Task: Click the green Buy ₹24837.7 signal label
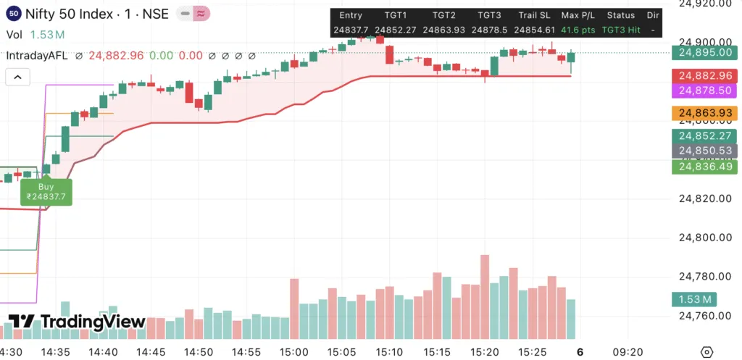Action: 46,191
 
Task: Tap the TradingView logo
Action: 77,322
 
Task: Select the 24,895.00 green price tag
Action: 704,52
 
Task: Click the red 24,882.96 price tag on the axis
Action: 704,75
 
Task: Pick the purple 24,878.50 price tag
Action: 704,91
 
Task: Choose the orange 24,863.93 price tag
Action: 704,113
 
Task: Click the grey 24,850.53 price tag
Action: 704,151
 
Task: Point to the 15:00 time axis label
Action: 294,352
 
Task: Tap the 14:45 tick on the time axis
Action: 151,352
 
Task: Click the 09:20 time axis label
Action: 628,352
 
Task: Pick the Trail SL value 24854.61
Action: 534,30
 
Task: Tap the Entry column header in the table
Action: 350,15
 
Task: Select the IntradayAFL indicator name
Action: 35,56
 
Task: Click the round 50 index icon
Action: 13,14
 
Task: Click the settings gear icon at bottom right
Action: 707,352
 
